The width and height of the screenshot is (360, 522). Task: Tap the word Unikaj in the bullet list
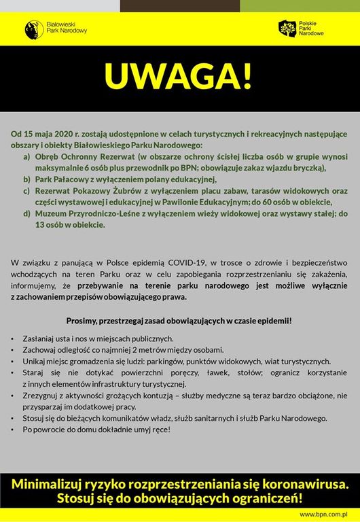click(x=35, y=361)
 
